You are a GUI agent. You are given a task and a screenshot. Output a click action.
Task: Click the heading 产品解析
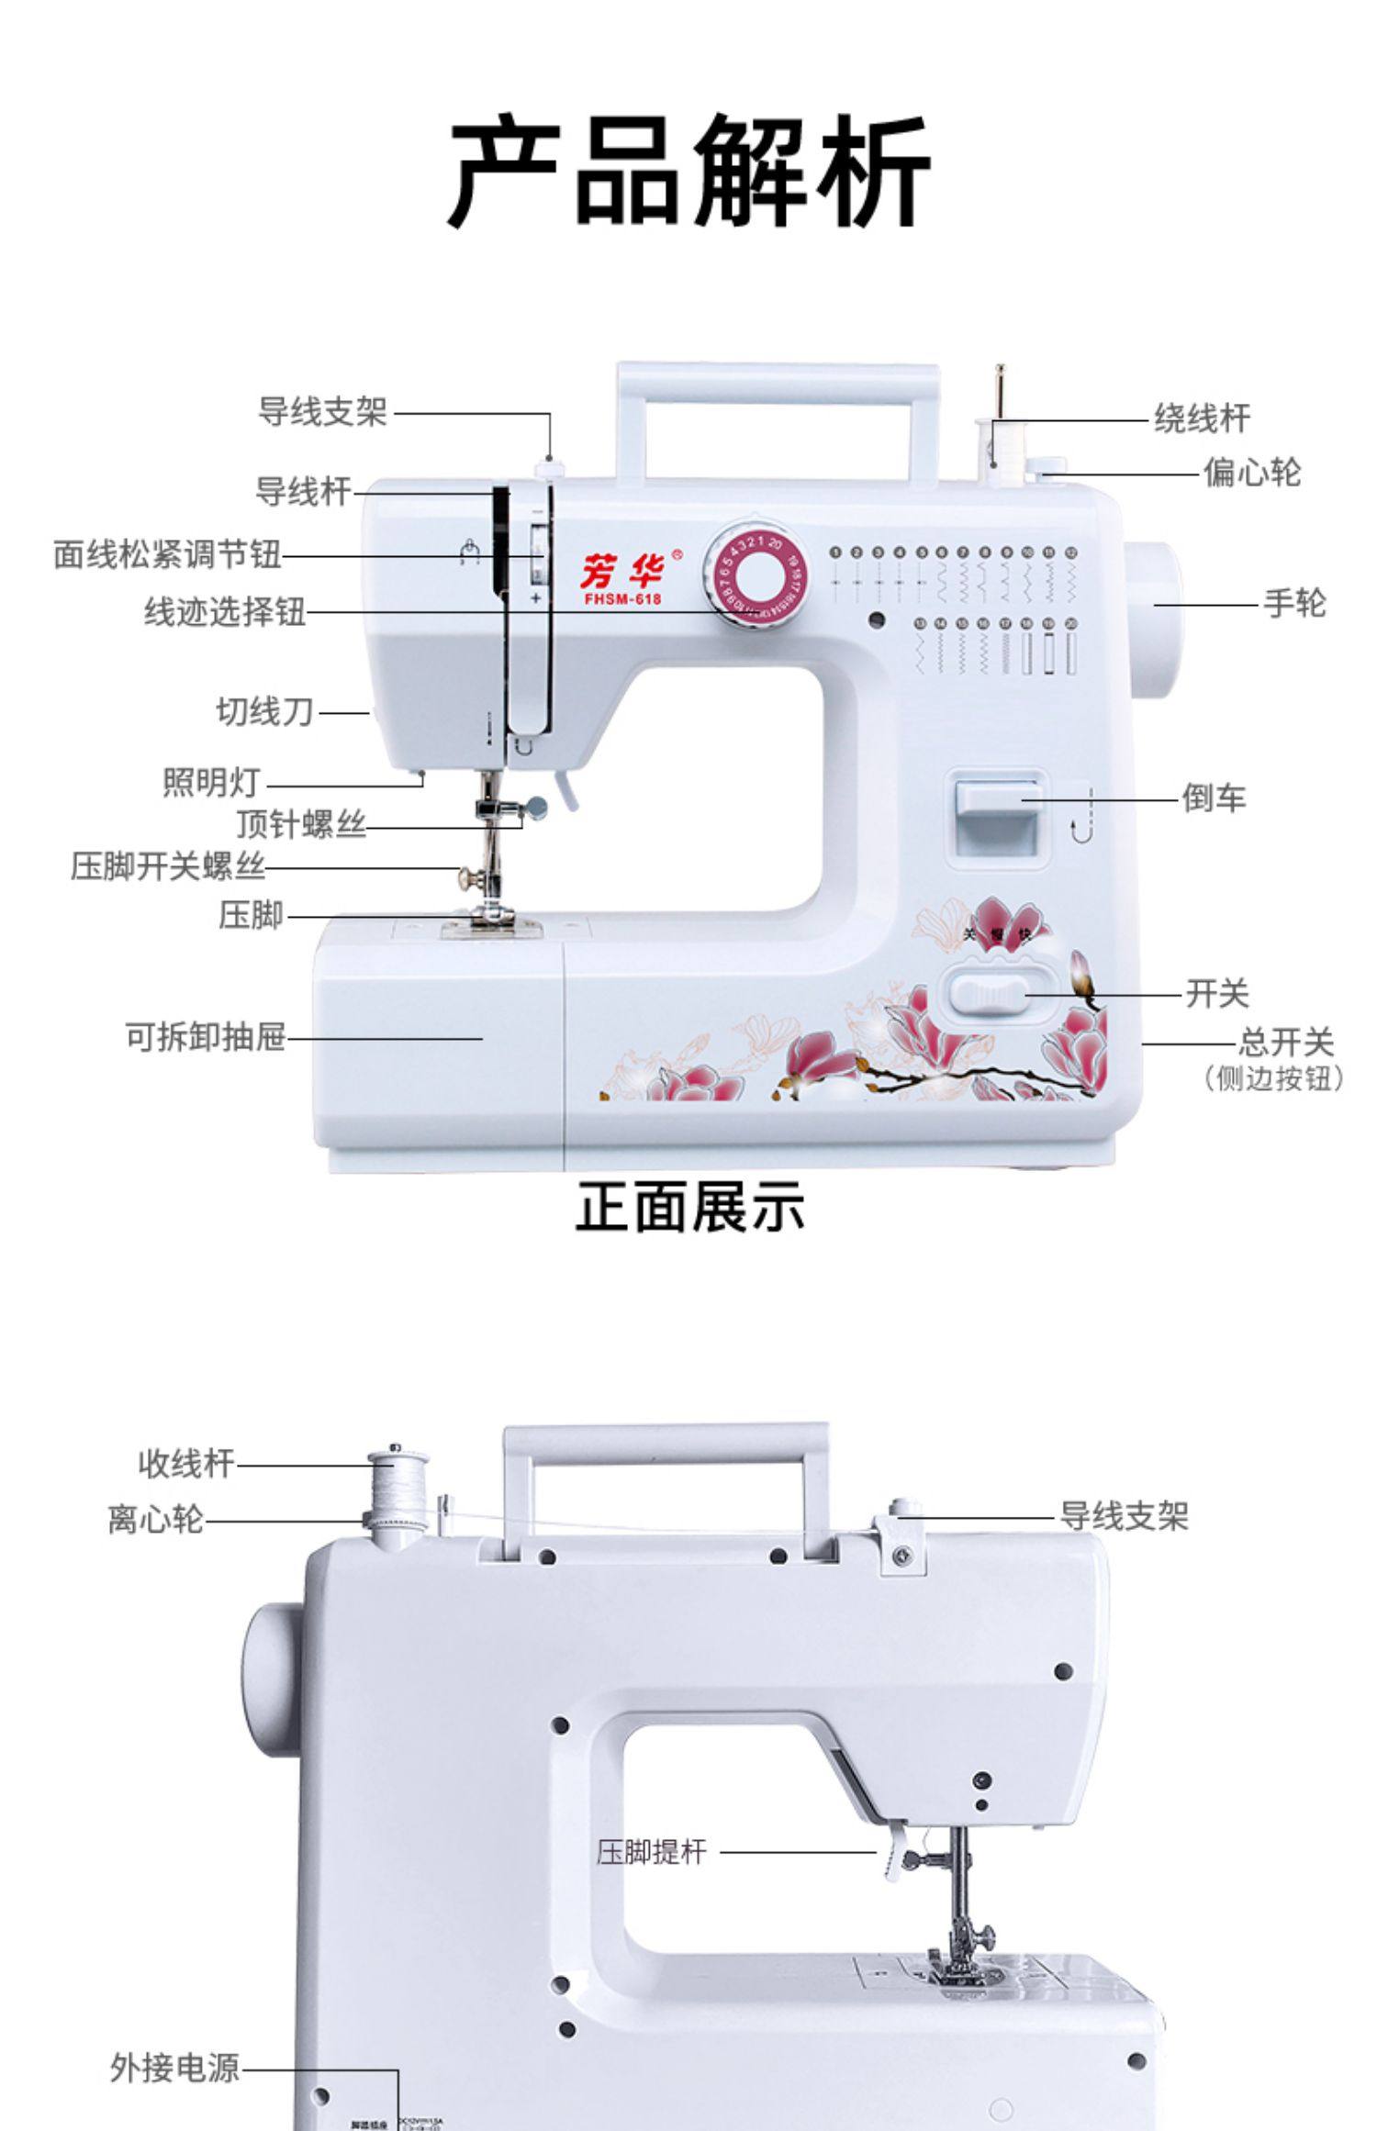click(x=688, y=172)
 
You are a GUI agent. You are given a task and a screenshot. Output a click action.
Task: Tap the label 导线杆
click(x=303, y=492)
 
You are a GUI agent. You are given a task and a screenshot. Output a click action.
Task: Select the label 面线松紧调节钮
click(x=167, y=554)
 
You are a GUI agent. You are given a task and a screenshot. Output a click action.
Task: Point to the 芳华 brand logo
click(x=623, y=572)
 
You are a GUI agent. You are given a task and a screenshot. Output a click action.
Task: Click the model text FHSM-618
click(x=622, y=600)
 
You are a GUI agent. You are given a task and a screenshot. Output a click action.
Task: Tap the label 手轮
click(x=1294, y=604)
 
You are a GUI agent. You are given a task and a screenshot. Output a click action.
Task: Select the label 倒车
click(x=1214, y=798)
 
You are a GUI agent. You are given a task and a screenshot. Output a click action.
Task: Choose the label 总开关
click(x=1284, y=1043)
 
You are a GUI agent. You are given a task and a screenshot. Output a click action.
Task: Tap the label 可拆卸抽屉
click(x=206, y=1038)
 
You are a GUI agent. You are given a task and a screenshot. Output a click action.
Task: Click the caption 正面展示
click(x=689, y=1206)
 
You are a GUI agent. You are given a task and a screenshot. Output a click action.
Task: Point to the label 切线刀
click(x=264, y=711)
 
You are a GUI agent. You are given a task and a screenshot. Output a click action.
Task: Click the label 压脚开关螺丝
click(x=168, y=866)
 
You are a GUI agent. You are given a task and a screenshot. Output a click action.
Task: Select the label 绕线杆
click(x=1202, y=418)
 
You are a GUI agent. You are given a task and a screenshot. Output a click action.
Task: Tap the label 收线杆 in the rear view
click(x=186, y=1463)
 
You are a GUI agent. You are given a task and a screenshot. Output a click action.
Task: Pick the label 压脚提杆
click(x=652, y=1852)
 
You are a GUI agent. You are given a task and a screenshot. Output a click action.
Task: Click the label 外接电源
click(x=174, y=2068)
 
